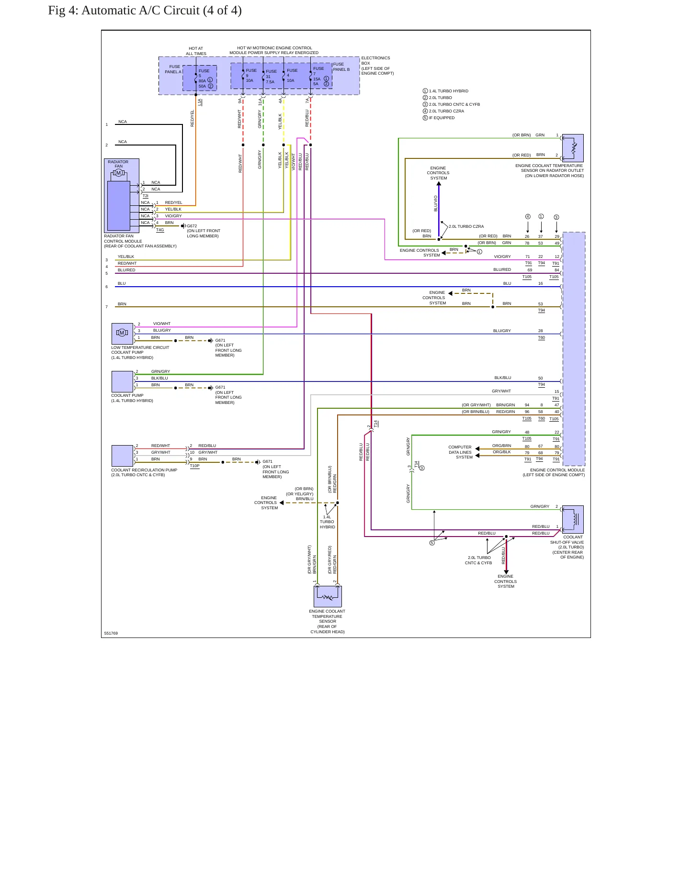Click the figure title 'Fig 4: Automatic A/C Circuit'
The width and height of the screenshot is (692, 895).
click(124, 11)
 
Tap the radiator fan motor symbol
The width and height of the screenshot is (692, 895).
click(119, 173)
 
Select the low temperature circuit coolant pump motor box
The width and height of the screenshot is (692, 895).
click(122, 333)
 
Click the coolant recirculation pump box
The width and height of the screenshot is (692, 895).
click(122, 456)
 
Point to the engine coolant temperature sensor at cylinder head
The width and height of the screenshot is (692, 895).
click(328, 596)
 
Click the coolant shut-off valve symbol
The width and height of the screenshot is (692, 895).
click(573, 519)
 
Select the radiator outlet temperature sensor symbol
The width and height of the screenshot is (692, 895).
click(573, 148)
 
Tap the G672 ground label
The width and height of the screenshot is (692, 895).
click(192, 226)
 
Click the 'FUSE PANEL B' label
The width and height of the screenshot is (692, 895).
click(341, 67)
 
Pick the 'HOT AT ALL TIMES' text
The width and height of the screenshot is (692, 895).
click(196, 51)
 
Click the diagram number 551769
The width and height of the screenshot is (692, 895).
click(111, 633)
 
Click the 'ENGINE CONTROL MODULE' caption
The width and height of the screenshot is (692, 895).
click(557, 470)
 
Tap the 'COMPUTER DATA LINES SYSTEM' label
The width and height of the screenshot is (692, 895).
click(460, 452)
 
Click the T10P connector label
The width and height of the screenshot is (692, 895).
click(194, 466)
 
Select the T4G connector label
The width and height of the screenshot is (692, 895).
click(160, 230)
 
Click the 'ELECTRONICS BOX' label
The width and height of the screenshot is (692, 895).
click(375, 60)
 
